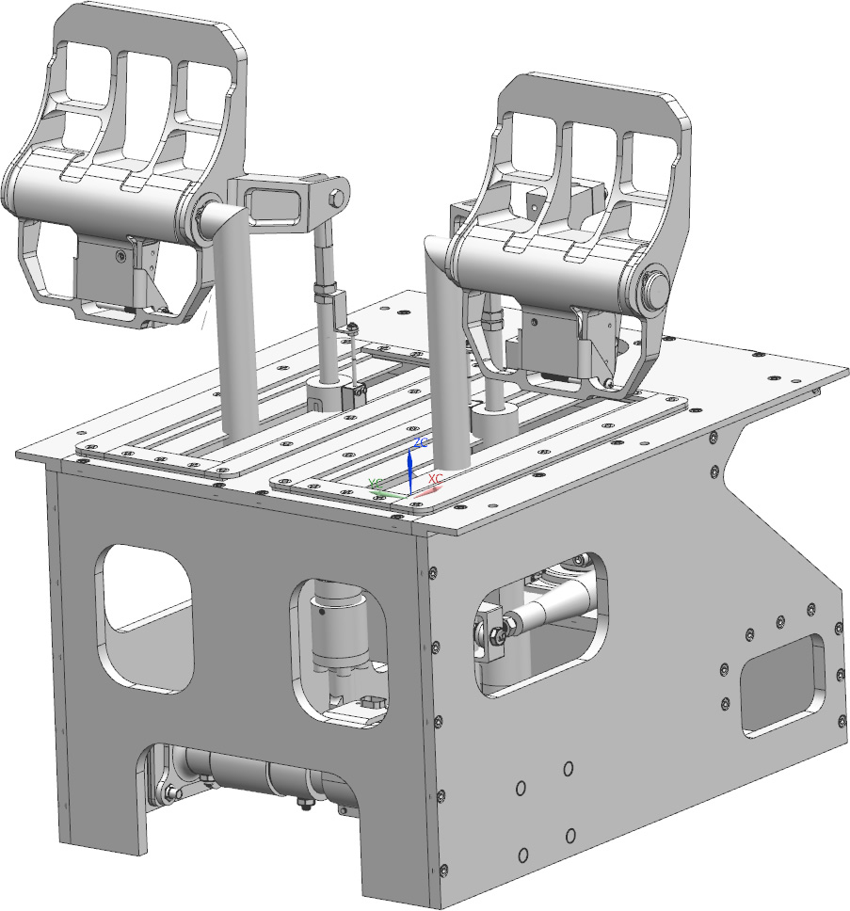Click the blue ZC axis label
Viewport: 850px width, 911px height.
[x=422, y=441]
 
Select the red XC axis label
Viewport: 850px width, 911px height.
[x=436, y=479]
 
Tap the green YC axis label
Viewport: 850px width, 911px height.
[x=375, y=483]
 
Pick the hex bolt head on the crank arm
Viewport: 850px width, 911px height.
[x=336, y=198]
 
